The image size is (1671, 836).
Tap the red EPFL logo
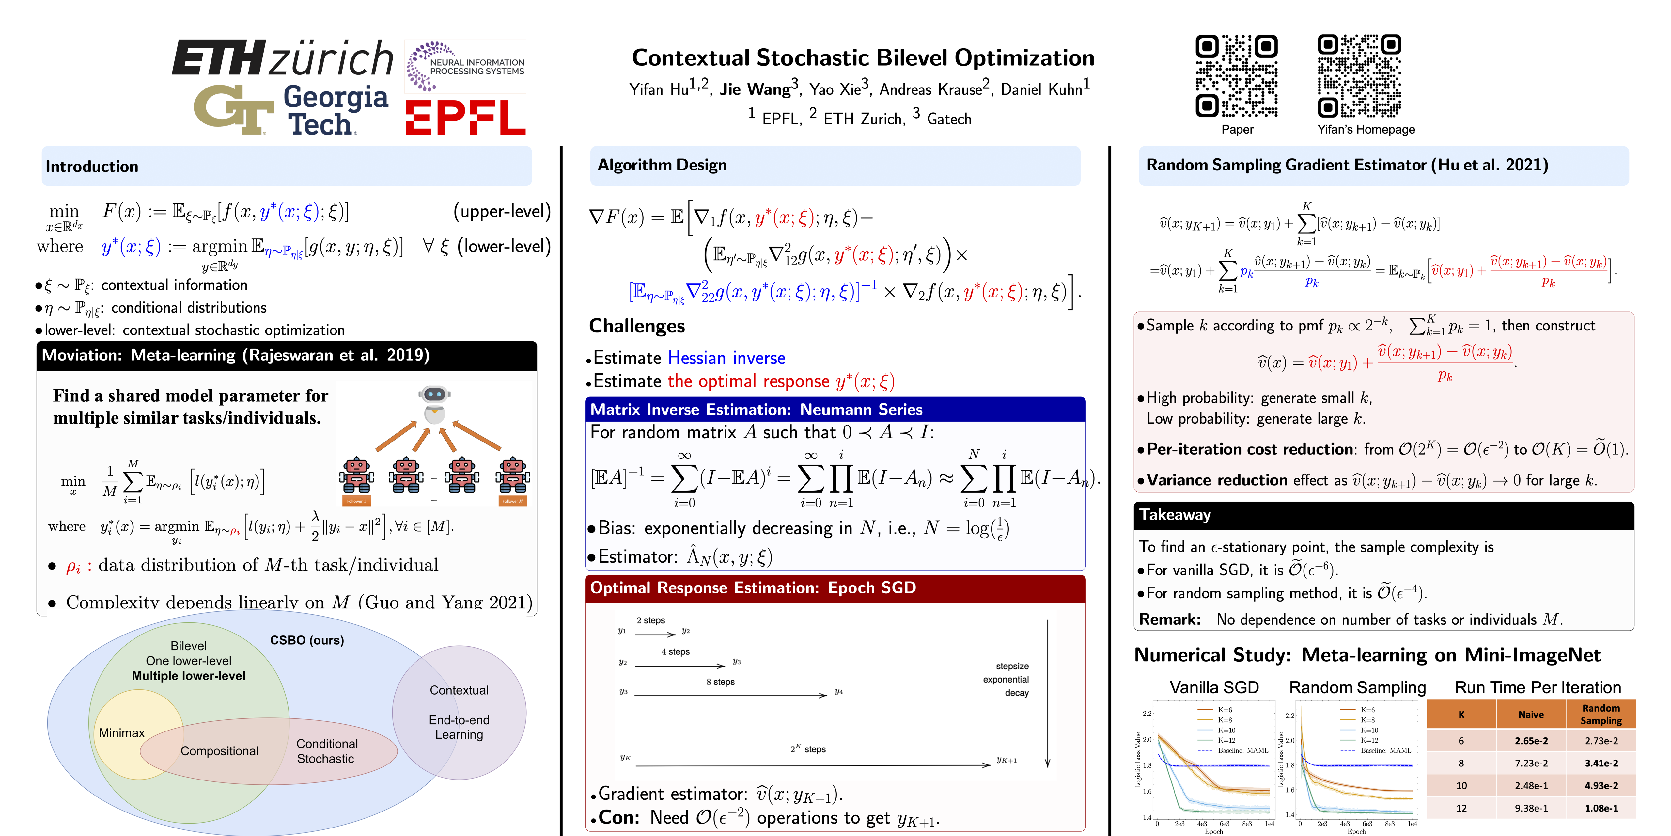coord(465,118)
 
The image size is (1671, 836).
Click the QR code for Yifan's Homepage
coord(1359,76)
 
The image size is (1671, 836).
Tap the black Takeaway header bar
coord(1383,515)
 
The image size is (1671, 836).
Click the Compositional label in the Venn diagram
coord(219,751)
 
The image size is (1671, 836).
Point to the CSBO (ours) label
coord(307,640)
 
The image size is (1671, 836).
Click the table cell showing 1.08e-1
coord(1601,808)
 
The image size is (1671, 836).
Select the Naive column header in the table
coord(1531,715)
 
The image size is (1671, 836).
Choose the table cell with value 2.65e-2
coord(1531,741)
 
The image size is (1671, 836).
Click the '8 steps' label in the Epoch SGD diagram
coord(720,682)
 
